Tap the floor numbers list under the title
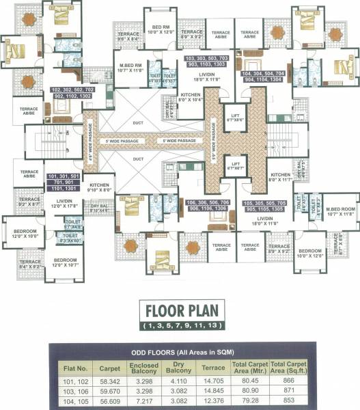pos(179,326)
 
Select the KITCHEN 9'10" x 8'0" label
pos(100,188)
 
